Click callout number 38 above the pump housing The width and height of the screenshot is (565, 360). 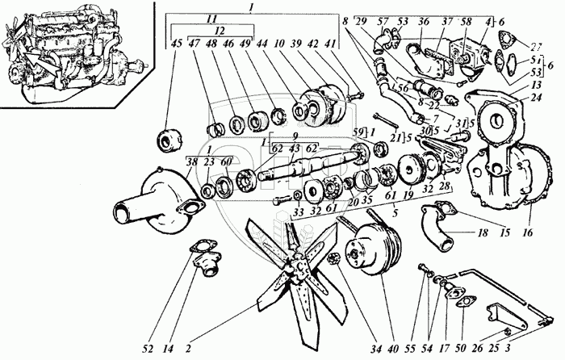[x=190, y=161]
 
